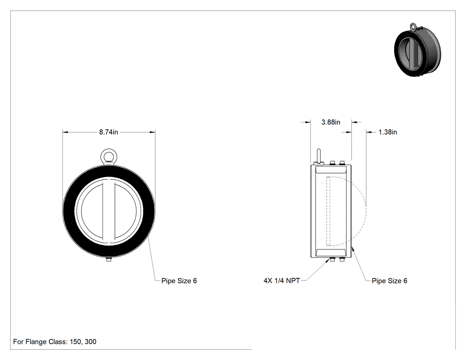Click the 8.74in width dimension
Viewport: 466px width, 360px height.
coord(108,132)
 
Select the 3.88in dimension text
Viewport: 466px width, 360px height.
coord(331,122)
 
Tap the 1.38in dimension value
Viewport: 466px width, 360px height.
coord(387,132)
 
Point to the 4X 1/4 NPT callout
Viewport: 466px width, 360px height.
coord(282,281)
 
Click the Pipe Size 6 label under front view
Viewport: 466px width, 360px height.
coord(179,281)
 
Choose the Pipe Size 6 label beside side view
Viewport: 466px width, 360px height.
coord(389,281)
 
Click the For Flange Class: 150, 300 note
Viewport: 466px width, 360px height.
coord(55,341)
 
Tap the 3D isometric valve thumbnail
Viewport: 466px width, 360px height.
coord(417,51)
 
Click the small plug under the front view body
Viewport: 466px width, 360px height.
coord(109,260)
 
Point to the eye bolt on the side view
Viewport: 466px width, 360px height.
coord(318,157)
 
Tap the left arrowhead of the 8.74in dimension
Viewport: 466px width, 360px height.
coord(65,132)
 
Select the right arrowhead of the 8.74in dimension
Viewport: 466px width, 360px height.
coord(152,132)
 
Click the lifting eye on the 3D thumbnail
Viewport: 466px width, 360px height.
coord(413,27)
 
